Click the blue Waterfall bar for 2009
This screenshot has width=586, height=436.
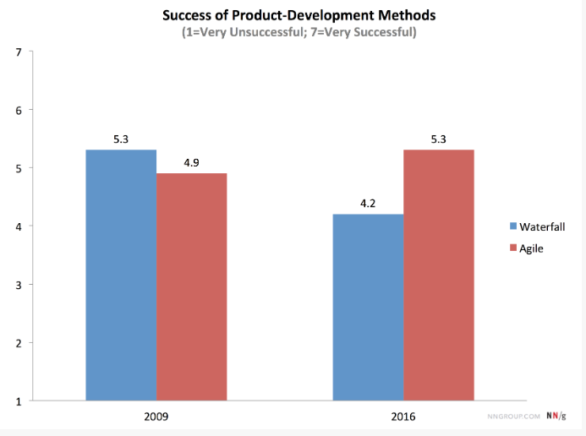121,275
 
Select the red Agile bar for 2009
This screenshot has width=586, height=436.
191,286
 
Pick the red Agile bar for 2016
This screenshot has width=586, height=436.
438,275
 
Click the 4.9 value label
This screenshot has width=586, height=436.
192,163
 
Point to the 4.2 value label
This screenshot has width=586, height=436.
368,204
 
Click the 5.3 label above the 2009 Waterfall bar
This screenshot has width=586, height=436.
121,139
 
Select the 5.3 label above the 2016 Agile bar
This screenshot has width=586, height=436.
438,139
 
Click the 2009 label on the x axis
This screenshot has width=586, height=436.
156,417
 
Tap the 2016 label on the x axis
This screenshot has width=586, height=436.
403,417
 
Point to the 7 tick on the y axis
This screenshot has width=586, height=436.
19,52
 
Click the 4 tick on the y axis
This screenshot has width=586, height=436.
19,226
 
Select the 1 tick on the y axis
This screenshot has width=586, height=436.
19,401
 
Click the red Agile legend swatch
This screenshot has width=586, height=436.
512,248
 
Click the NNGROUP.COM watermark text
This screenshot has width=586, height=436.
514,417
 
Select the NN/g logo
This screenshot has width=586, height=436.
556,417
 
